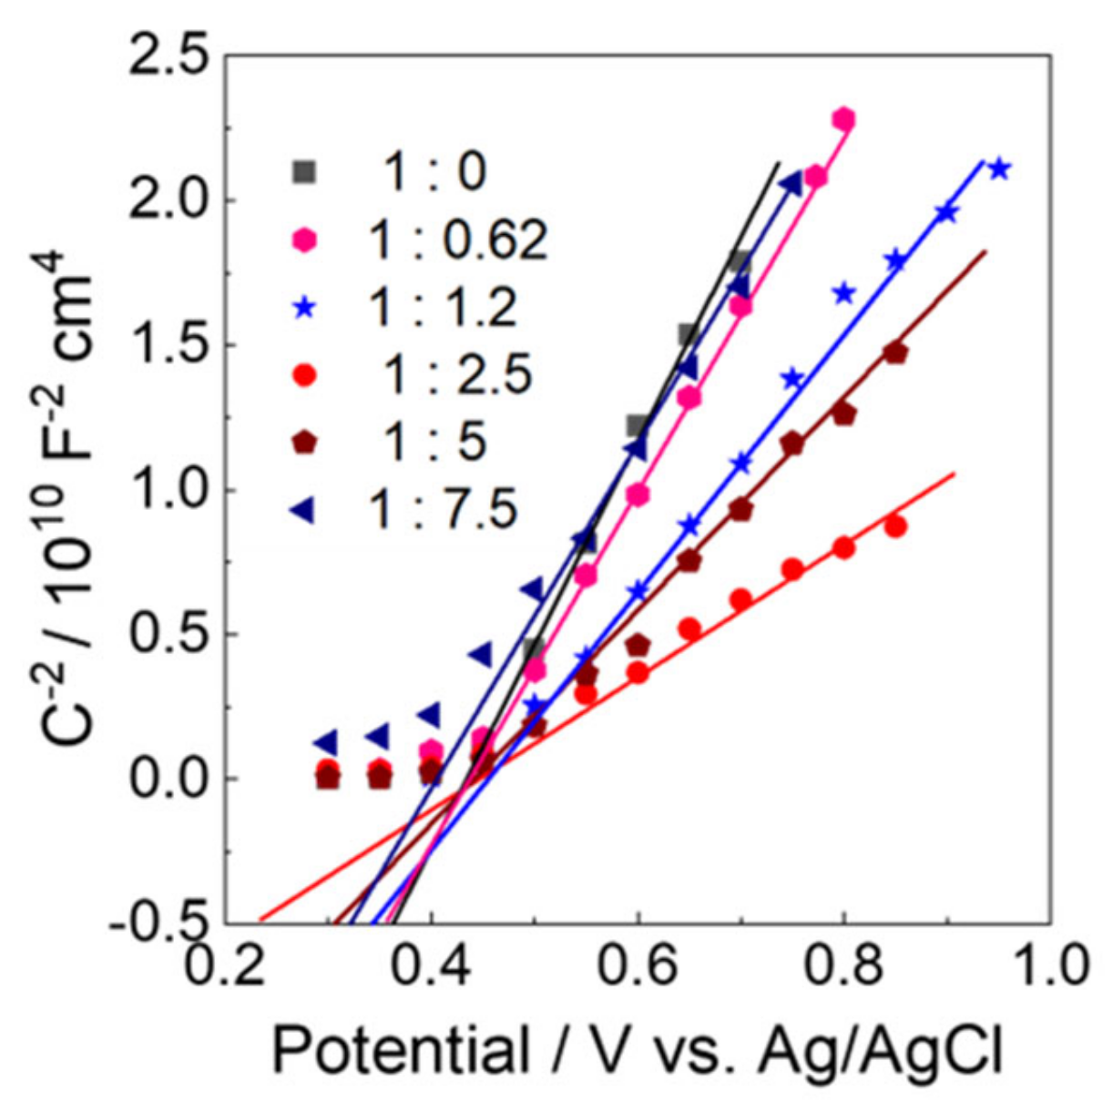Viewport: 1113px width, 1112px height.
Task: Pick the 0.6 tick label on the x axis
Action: click(x=638, y=968)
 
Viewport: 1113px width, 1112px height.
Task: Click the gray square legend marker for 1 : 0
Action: click(x=304, y=171)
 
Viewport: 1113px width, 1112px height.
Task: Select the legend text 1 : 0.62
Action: click(x=457, y=240)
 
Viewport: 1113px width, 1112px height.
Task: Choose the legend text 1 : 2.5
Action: click(x=457, y=374)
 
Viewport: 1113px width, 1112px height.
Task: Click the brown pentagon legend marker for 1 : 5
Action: click(x=304, y=443)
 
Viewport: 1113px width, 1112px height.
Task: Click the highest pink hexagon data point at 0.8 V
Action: click(x=843, y=118)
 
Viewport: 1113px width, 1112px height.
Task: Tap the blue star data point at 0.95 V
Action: click(x=999, y=168)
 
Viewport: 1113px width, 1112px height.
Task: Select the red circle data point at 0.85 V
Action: click(x=895, y=526)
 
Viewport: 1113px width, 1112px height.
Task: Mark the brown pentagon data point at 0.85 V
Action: click(x=896, y=353)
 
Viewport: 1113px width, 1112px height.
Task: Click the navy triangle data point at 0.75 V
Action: click(x=791, y=185)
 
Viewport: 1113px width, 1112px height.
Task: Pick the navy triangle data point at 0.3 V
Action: click(x=325, y=742)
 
